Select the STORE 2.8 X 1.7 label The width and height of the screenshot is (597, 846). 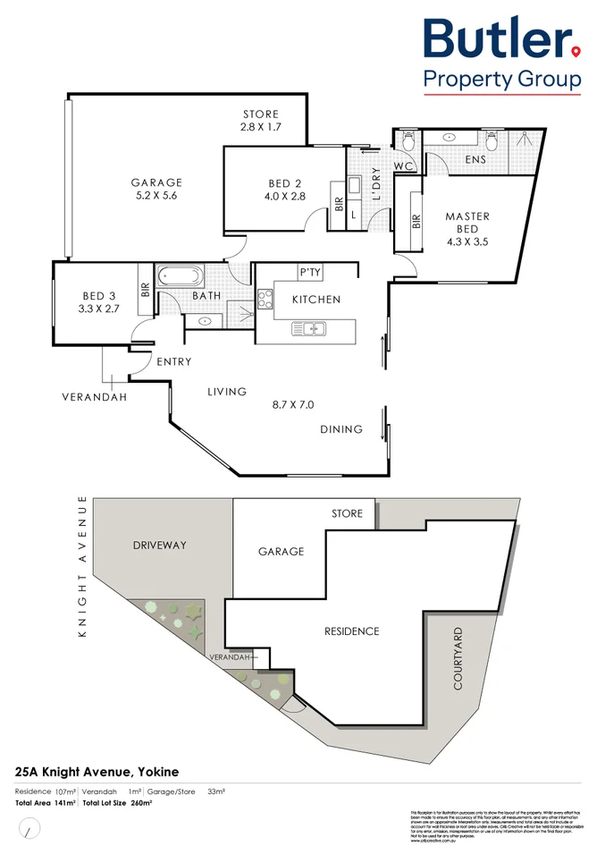(x=261, y=121)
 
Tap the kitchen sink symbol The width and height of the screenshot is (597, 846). (x=310, y=330)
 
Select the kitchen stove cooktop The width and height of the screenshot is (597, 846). (x=265, y=299)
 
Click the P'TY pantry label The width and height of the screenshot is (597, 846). (x=310, y=273)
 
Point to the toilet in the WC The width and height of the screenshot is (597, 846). (x=408, y=141)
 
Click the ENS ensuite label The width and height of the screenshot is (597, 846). (x=475, y=159)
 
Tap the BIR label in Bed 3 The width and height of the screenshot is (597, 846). (x=144, y=290)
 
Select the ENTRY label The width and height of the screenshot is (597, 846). (x=173, y=362)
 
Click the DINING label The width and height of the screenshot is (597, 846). (x=341, y=429)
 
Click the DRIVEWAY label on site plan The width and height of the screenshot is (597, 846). (x=159, y=544)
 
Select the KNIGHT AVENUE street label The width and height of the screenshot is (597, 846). (x=82, y=566)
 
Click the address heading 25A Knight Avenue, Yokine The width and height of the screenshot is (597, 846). (x=97, y=771)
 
